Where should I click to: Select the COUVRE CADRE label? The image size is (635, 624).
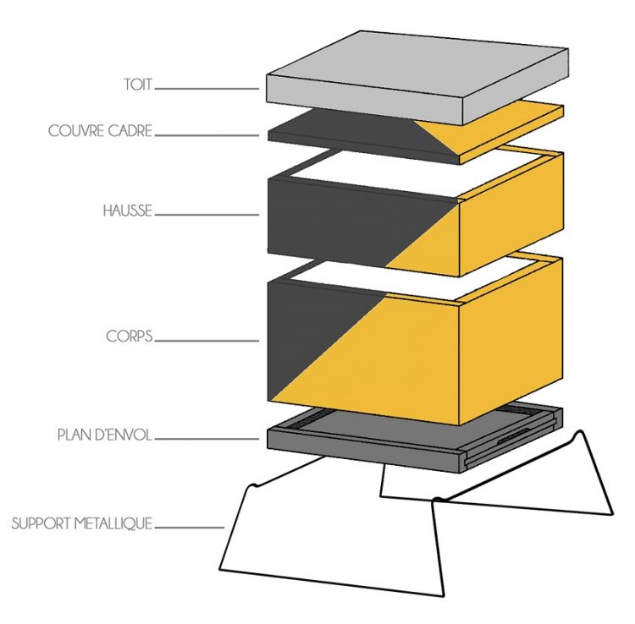tap(100, 132)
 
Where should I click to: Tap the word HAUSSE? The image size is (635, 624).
tap(127, 211)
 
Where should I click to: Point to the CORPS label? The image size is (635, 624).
tap(130, 337)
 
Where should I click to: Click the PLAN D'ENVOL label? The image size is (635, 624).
tap(104, 436)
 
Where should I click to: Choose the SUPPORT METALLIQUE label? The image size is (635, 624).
tap(81, 524)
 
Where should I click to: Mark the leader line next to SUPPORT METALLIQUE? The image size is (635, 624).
tap(190, 526)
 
